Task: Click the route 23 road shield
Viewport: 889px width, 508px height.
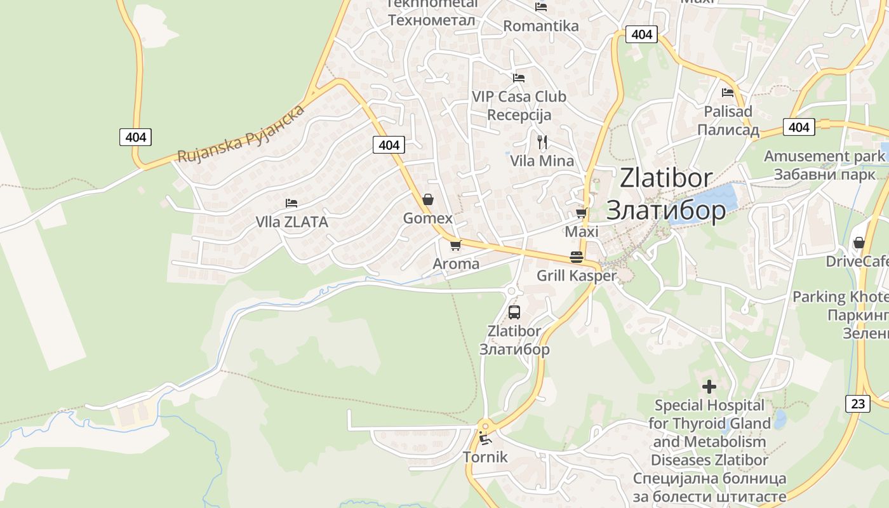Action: (x=858, y=404)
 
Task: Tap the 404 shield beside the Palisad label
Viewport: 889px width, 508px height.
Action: (x=799, y=128)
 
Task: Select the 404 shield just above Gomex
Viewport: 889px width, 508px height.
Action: (x=389, y=145)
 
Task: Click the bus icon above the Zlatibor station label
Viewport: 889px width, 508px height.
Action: (x=514, y=312)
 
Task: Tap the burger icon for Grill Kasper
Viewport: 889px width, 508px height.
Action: (x=577, y=257)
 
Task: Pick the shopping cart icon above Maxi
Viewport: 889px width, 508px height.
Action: (x=581, y=213)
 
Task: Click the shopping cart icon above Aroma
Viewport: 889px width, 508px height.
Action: (x=455, y=245)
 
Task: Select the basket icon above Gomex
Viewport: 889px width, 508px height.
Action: (x=428, y=199)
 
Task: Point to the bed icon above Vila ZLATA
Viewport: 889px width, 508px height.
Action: (x=291, y=203)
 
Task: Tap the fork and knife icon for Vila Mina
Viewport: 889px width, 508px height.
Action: (x=542, y=142)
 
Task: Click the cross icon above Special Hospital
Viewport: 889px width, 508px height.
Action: (x=709, y=386)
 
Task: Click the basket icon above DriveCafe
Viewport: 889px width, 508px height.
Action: (x=859, y=243)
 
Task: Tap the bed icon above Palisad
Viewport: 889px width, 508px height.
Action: (x=728, y=93)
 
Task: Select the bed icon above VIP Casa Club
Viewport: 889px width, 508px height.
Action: (x=519, y=78)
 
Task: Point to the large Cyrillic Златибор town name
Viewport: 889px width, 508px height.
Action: (x=665, y=210)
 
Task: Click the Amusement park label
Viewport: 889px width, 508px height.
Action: (x=824, y=156)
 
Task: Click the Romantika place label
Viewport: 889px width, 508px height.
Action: (x=541, y=26)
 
